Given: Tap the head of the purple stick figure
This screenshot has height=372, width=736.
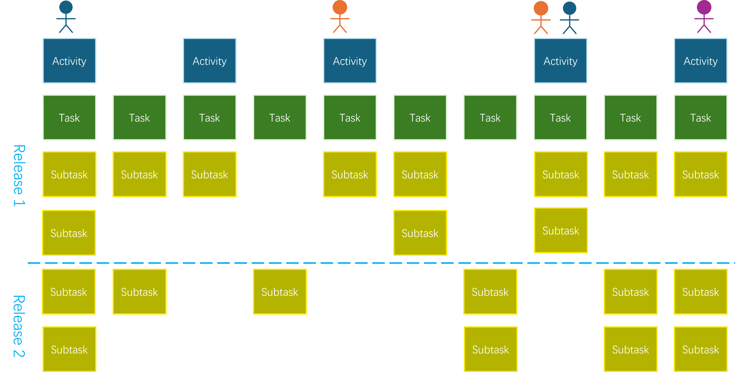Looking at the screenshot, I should (704, 7).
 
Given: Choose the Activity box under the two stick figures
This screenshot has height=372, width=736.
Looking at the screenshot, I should (560, 61).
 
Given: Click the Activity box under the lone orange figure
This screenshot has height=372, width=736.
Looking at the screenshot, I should (350, 61).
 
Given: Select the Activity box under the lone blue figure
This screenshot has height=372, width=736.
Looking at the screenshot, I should (69, 61).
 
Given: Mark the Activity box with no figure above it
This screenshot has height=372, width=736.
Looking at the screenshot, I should (209, 61).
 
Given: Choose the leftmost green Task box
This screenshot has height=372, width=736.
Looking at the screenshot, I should (69, 117).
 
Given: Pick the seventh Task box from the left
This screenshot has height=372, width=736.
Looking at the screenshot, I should (490, 117).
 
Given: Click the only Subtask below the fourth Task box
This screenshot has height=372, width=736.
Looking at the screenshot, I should (280, 292).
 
